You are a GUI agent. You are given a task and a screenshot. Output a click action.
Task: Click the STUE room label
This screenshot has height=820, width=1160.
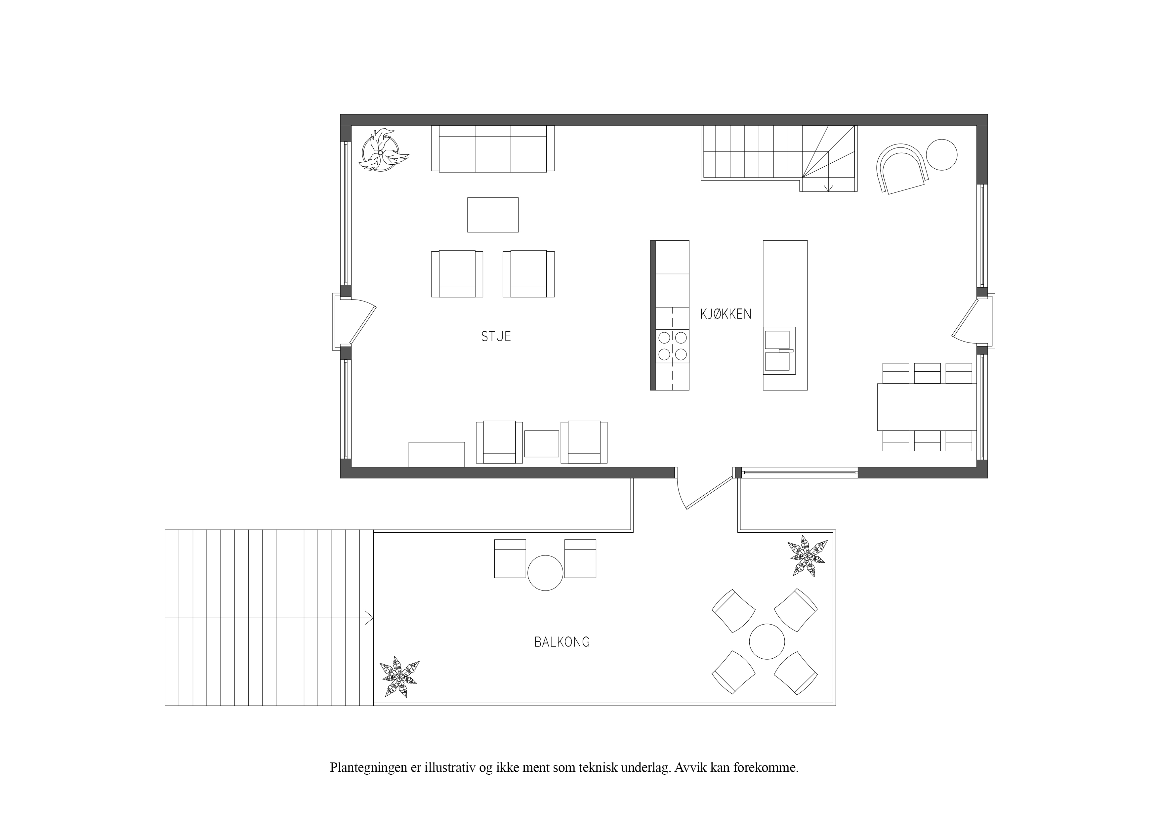[496, 337]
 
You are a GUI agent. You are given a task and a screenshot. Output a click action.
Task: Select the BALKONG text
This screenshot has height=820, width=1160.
[562, 642]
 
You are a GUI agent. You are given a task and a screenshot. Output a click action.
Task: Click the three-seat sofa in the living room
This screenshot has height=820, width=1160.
[493, 148]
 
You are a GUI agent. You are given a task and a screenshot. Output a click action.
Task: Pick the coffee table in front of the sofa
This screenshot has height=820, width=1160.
[493, 215]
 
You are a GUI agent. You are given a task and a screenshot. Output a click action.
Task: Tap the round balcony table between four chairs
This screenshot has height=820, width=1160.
[766, 642]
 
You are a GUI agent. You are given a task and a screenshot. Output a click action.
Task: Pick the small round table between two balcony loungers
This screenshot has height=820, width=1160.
[545, 573]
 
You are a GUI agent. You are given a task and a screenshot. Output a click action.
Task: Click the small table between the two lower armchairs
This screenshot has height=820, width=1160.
[542, 444]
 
